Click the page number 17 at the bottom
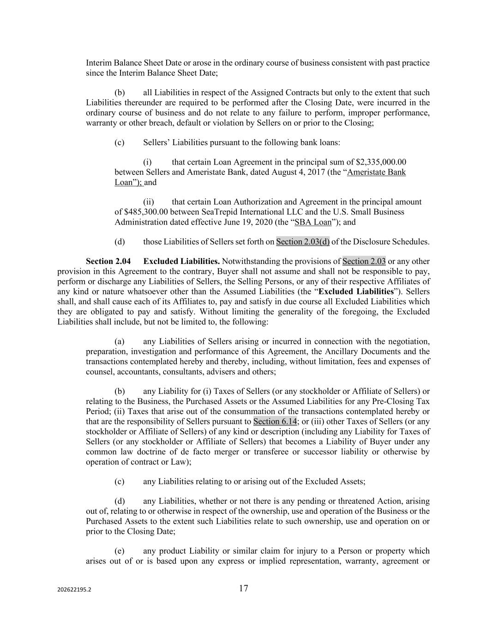coord(243,588)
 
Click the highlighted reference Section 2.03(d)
coord(303,242)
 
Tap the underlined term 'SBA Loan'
coord(313,222)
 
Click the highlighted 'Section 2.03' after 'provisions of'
coord(364,262)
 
